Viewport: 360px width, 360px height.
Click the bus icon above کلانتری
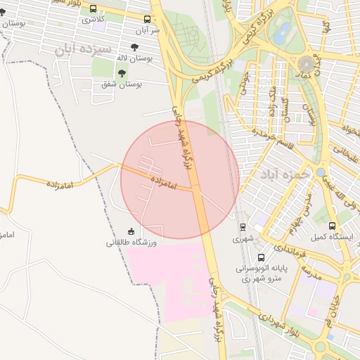(94, 8)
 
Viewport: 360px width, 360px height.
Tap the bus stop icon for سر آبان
(147, 20)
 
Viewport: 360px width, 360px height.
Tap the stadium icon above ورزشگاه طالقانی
(131, 231)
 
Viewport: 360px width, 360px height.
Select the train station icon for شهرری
(243, 227)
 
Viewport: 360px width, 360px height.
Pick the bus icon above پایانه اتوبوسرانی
(262, 257)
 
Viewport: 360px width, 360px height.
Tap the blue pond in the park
(283, 32)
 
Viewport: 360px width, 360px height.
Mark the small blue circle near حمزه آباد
(321, 172)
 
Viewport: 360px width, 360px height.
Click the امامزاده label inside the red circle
(162, 179)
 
